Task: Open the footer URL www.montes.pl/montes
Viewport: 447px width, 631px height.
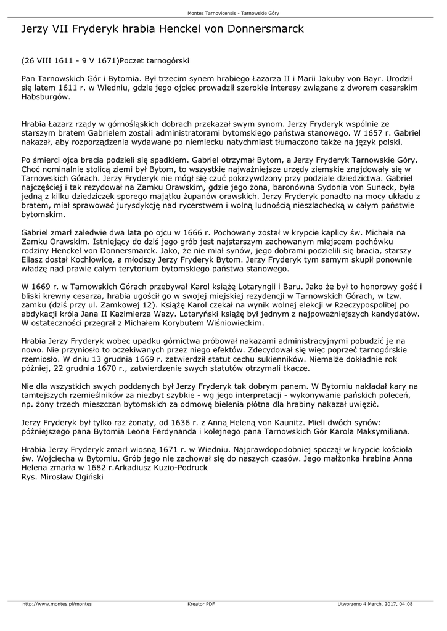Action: pos(57,603)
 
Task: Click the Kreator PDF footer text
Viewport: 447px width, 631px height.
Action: pos(201,603)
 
